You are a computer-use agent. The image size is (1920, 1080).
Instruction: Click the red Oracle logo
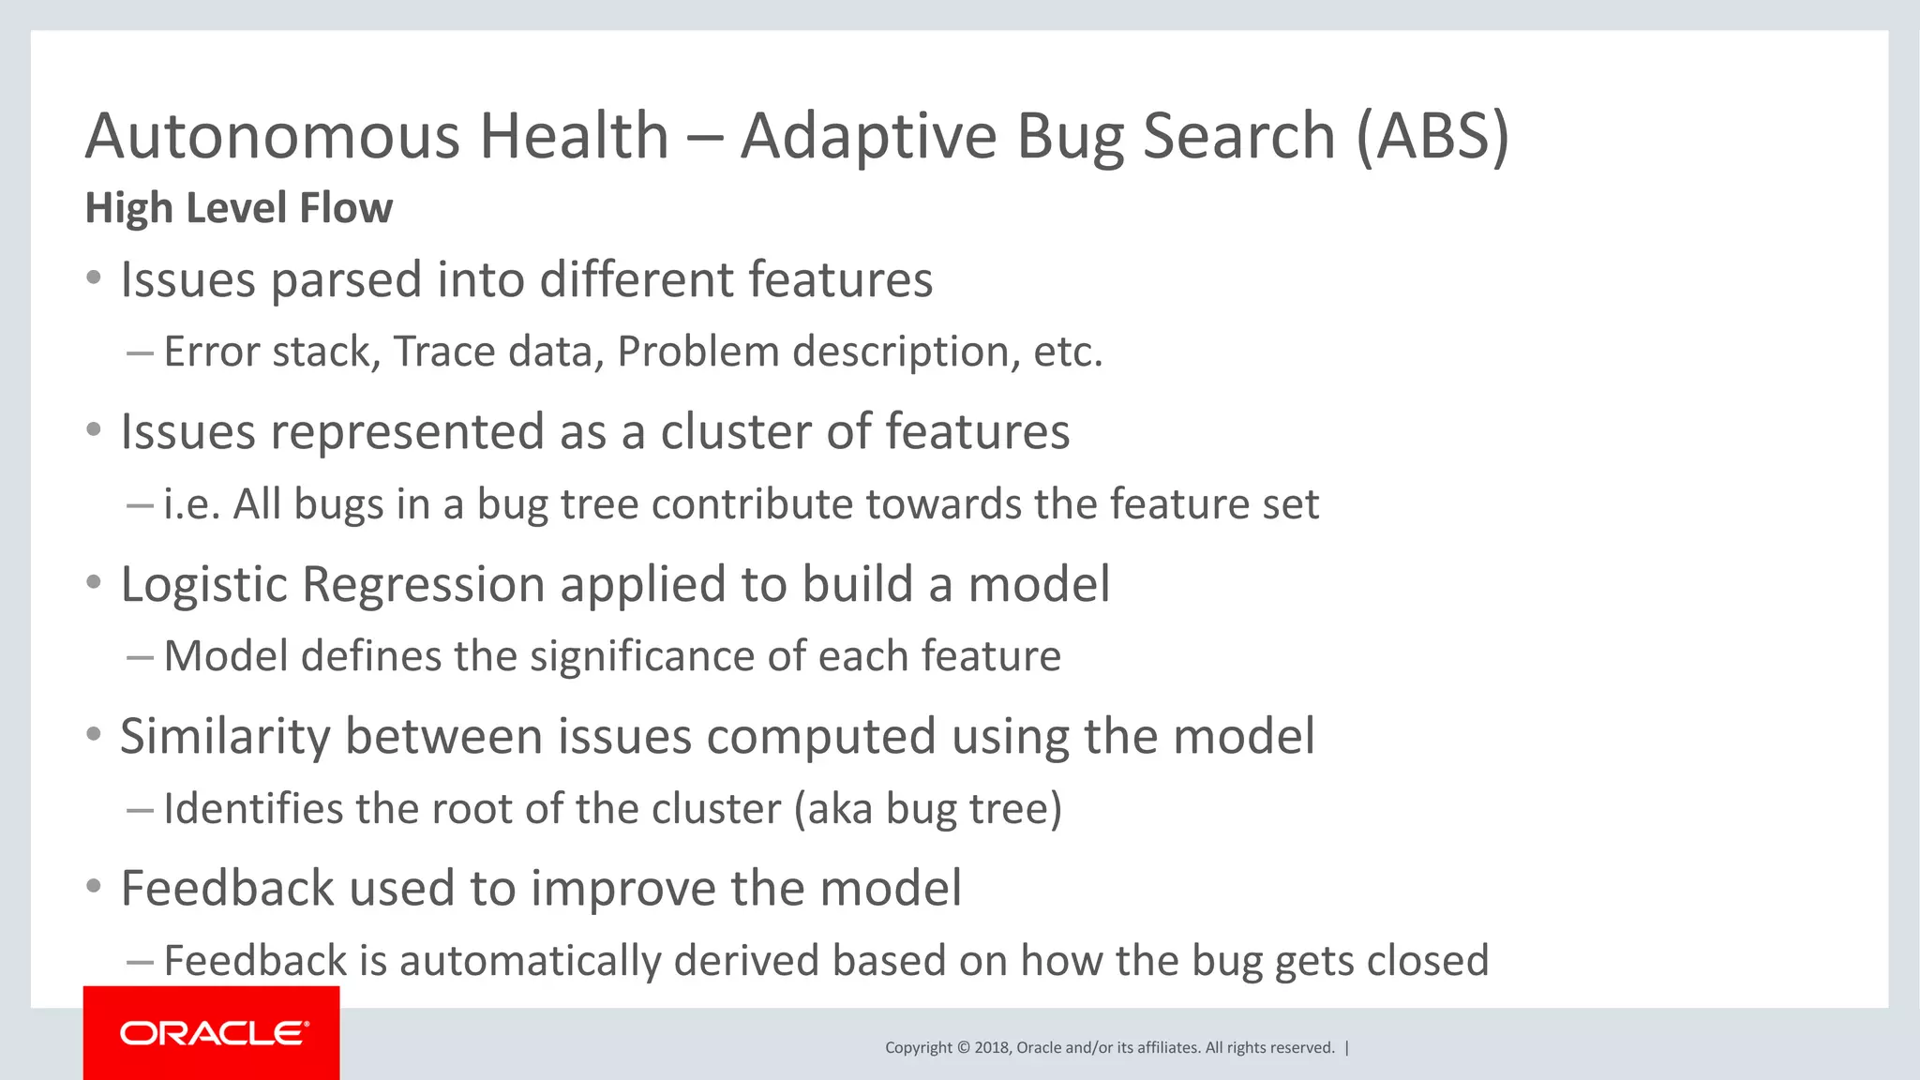tap(212, 1033)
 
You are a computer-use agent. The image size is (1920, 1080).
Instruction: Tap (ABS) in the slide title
tap(1432, 137)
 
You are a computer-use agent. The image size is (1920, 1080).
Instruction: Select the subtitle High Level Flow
tap(238, 208)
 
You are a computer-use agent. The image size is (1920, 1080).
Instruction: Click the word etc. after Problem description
tap(1068, 352)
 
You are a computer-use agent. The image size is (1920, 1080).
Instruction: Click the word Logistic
tap(204, 585)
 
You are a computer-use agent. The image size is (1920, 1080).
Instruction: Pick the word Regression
tap(424, 585)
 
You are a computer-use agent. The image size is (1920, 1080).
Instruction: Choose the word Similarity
tap(225, 737)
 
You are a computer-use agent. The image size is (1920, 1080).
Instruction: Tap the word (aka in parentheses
tap(833, 808)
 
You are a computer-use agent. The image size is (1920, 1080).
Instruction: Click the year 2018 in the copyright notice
tap(992, 1048)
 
